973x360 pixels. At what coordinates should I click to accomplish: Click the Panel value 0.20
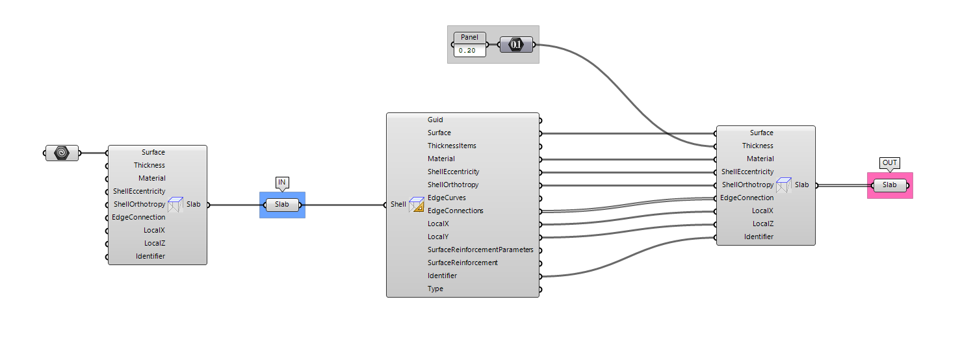pos(469,50)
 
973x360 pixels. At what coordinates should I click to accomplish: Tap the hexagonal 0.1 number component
pos(516,45)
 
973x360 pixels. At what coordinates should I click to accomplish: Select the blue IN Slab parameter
pos(282,205)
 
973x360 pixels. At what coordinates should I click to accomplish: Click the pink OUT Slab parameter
pos(889,185)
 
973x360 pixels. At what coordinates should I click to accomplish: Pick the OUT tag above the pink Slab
pos(889,162)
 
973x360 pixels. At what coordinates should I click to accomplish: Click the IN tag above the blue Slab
pos(282,182)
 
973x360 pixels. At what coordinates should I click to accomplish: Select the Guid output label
pos(435,120)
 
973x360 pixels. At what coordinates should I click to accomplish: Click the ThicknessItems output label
pos(452,146)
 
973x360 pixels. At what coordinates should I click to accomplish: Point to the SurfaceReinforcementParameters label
pos(480,250)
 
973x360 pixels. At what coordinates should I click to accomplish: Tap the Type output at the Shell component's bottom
pos(435,289)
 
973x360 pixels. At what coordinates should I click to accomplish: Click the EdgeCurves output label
pos(447,198)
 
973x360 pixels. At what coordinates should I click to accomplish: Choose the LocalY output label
pos(438,237)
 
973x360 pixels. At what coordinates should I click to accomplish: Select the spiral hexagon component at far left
pos(62,153)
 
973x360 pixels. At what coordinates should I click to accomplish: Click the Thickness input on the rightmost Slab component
pos(758,146)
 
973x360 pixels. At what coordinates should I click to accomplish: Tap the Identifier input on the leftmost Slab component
pos(150,256)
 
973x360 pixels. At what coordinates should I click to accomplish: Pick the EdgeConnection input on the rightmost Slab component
pos(747,198)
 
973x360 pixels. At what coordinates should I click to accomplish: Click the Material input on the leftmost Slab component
pos(151,178)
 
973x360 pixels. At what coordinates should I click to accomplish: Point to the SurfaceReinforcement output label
pos(463,263)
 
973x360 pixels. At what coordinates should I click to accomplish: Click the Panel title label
pos(469,37)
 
